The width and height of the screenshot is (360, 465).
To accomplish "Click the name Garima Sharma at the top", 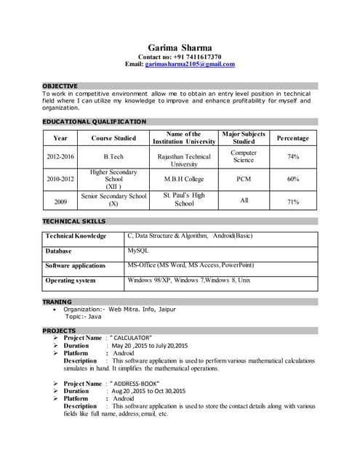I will tap(180, 46).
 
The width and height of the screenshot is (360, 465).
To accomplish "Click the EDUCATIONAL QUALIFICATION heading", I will tap(95, 121).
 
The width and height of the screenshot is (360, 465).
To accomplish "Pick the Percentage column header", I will tap(292, 138).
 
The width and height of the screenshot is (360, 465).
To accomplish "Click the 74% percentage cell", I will tap(292, 156).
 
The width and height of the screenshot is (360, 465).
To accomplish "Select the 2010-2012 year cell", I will tap(60, 179).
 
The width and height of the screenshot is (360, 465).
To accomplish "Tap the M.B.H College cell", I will tap(183, 179).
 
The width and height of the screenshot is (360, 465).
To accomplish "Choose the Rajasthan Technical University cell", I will tap(183, 160).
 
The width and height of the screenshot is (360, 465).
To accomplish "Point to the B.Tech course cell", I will tap(113, 156).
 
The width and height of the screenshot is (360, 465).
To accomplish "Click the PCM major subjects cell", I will tap(244, 179).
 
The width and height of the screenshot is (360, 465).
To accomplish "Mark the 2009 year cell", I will tap(60, 201).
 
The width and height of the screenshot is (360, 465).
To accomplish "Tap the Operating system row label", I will tap(71, 280).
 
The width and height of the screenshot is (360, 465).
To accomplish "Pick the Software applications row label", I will tap(76, 265).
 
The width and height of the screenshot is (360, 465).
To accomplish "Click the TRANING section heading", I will tap(57, 302).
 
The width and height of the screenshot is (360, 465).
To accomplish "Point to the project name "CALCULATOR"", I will tap(132, 338).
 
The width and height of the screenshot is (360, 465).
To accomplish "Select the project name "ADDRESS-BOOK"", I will tap(136, 383).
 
